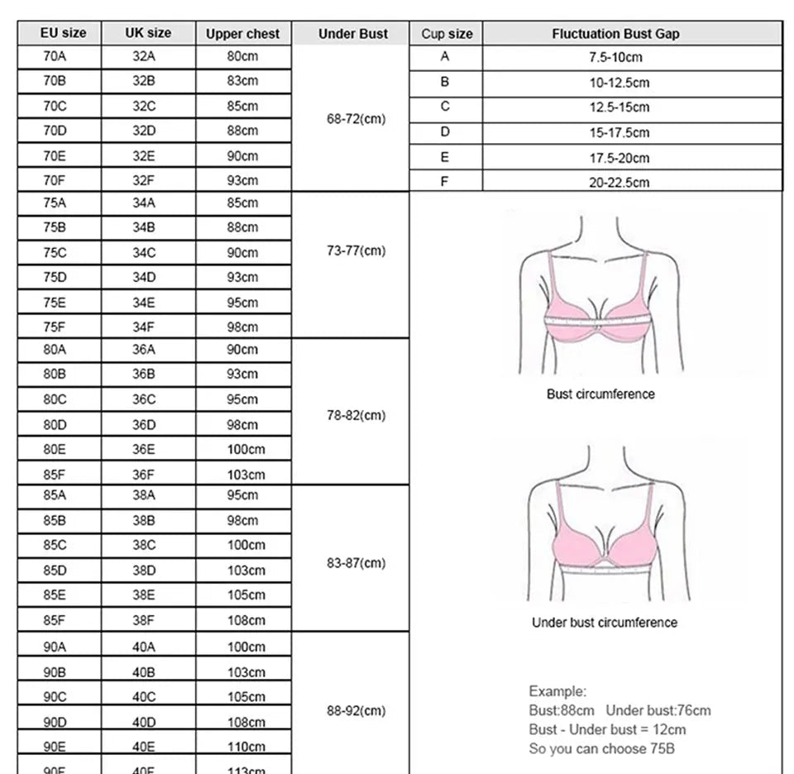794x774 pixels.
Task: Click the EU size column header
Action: click(63, 34)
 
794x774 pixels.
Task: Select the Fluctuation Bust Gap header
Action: click(615, 34)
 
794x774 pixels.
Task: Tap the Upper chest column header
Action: click(242, 34)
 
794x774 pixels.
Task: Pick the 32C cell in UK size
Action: click(144, 106)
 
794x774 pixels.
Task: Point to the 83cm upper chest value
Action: click(242, 81)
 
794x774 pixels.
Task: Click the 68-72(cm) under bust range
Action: click(356, 118)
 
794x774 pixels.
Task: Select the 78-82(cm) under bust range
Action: click(356, 415)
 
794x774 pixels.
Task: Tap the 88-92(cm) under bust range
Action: click(356, 710)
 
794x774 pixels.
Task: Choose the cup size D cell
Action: click(445, 131)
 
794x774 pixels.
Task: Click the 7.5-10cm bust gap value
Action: click(615, 57)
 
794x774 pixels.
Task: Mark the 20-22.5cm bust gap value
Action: click(619, 182)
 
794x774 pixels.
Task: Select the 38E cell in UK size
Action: click(144, 595)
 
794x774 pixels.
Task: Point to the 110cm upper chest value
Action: click(246, 746)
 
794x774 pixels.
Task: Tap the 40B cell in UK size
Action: click(144, 671)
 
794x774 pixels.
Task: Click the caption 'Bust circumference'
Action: click(600, 394)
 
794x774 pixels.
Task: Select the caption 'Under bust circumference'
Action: click(604, 623)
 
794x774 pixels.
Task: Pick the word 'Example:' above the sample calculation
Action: click(557, 691)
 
